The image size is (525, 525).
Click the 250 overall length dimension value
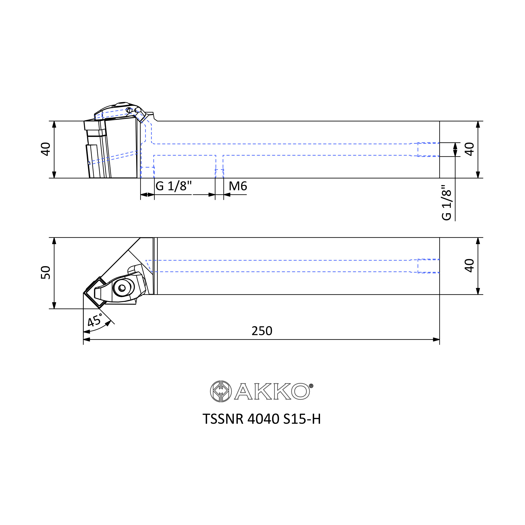(262, 331)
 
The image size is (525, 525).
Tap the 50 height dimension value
(46, 272)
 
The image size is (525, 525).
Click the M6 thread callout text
(238, 186)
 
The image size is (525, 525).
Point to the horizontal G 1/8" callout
(174, 186)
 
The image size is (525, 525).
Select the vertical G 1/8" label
(447, 202)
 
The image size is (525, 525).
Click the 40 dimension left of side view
(46, 149)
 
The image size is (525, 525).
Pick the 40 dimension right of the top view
(469, 149)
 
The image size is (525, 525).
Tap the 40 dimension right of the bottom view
(469, 266)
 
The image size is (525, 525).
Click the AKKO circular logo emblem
(221, 391)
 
